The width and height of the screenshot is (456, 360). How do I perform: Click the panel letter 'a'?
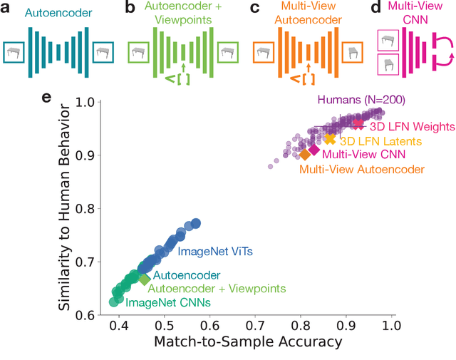coord(8,9)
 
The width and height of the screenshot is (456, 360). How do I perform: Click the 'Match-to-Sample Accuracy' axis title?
coord(248,342)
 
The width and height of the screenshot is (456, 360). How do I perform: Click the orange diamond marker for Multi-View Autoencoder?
coord(305,154)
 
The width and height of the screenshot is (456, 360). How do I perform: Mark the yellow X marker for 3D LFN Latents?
coord(330,138)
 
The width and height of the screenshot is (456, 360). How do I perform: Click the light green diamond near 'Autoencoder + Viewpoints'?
coord(144,279)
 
